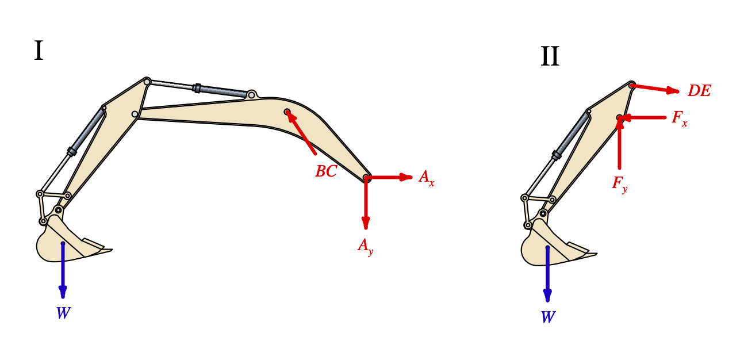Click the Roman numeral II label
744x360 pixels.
tap(550, 57)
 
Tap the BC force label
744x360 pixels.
tap(325, 171)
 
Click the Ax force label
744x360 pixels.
tap(427, 178)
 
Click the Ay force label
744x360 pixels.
tap(366, 246)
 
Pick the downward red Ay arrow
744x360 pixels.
tap(366, 204)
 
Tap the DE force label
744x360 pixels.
tap(699, 91)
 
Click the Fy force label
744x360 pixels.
tap(619, 184)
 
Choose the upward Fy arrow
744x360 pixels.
tap(619, 144)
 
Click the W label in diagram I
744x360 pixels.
tap(63, 313)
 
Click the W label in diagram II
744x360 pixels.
tap(548, 317)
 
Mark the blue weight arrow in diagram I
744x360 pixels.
tap(63, 270)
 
